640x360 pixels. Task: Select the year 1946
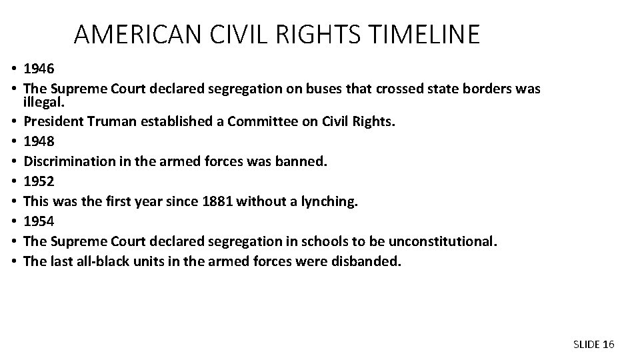(x=37, y=68)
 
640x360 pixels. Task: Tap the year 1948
(x=37, y=141)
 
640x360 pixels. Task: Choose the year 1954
(x=37, y=220)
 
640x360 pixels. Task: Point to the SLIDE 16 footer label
(x=593, y=344)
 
